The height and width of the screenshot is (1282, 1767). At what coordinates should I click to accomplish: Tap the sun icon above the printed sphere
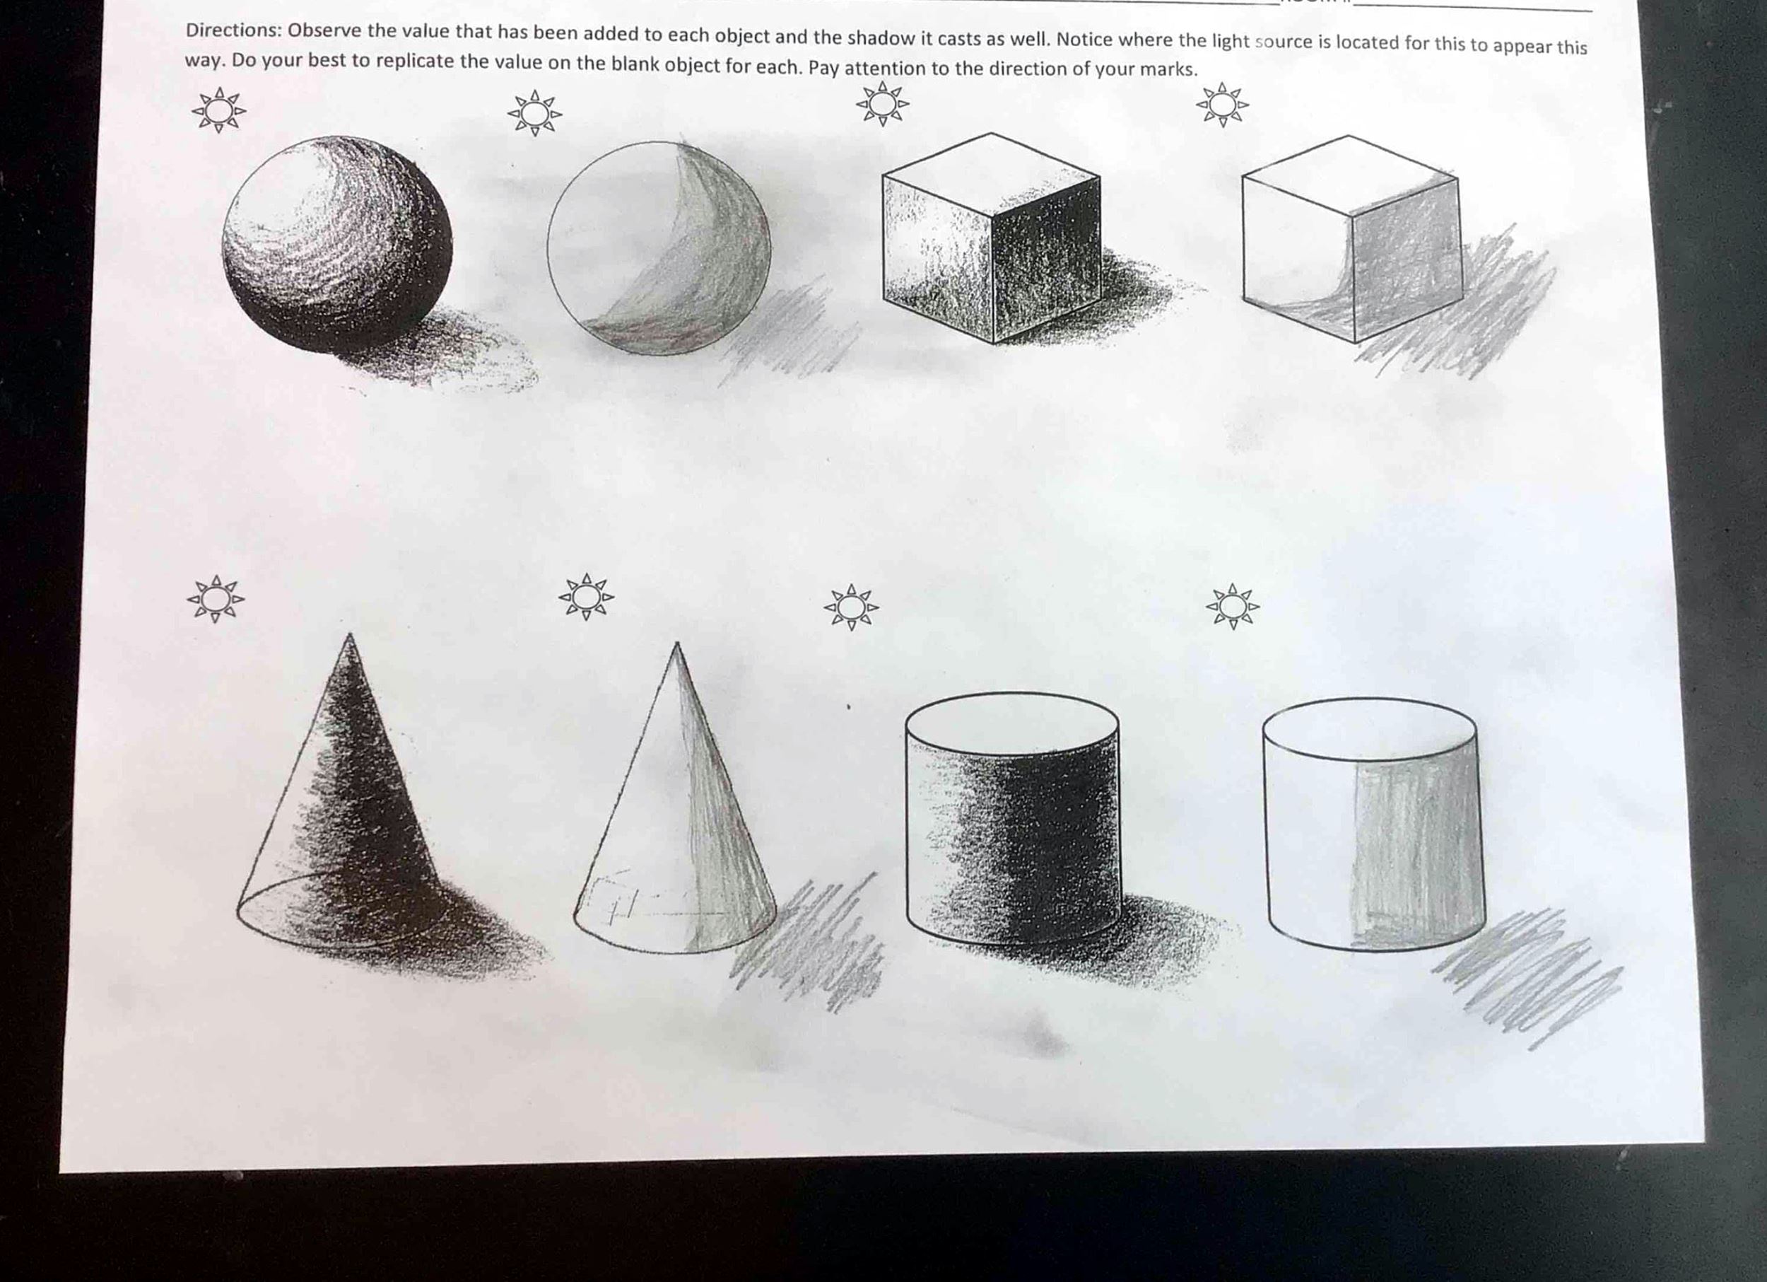click(219, 110)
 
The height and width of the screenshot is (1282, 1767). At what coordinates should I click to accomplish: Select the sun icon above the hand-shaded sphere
click(534, 113)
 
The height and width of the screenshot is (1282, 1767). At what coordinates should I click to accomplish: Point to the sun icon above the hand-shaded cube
click(1222, 105)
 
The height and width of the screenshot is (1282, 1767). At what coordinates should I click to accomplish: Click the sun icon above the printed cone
click(216, 598)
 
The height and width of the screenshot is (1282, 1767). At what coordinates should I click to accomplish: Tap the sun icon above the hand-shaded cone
click(586, 598)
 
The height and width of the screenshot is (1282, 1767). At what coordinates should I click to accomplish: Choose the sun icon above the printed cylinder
click(851, 607)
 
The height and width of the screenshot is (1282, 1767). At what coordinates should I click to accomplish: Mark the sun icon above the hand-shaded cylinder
click(1233, 605)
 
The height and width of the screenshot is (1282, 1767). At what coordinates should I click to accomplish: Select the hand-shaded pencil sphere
click(659, 247)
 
